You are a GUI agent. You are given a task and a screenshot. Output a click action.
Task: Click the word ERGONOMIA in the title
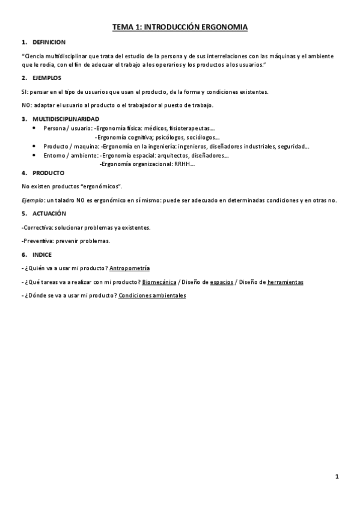225,28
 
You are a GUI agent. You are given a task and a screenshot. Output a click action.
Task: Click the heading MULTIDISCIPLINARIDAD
66,118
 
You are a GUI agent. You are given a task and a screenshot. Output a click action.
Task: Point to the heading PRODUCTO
48,173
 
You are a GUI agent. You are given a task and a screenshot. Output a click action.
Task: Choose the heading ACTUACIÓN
49,214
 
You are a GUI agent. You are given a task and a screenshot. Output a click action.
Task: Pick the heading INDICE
42,254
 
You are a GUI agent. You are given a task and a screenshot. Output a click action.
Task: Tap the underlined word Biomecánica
159,281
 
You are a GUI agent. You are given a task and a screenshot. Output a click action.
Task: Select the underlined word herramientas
285,281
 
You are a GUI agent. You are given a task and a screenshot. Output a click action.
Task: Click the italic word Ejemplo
31,200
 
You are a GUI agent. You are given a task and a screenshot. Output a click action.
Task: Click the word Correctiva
35,227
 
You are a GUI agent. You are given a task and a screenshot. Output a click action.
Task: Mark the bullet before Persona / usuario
34,128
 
